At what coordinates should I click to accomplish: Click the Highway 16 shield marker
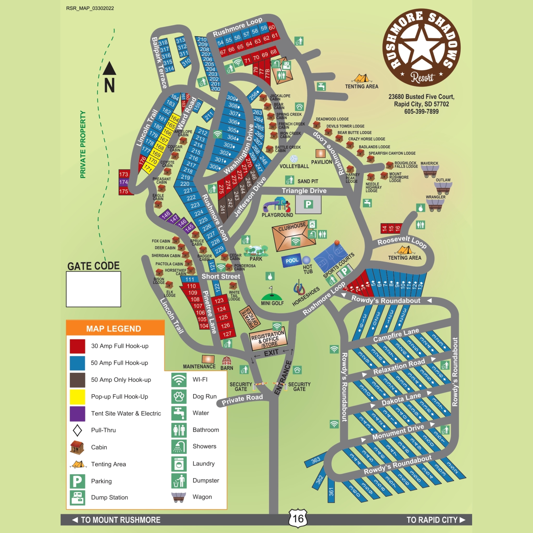(x=298, y=518)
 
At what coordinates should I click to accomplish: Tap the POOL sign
(x=291, y=261)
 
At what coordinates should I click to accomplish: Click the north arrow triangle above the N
(x=109, y=69)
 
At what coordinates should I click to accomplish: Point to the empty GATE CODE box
(x=93, y=289)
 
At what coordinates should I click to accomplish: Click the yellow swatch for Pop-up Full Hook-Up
(x=77, y=396)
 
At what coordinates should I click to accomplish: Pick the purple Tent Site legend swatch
(x=77, y=413)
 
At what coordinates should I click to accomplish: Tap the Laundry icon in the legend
(x=179, y=464)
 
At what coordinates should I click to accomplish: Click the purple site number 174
(x=124, y=182)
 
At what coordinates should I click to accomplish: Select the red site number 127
(x=227, y=334)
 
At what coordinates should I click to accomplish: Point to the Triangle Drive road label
(x=304, y=191)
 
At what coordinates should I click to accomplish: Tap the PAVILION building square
(x=320, y=153)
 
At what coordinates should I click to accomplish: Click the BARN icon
(x=226, y=360)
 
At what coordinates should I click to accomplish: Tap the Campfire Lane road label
(x=396, y=335)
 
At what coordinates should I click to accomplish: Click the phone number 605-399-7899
(x=421, y=111)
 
